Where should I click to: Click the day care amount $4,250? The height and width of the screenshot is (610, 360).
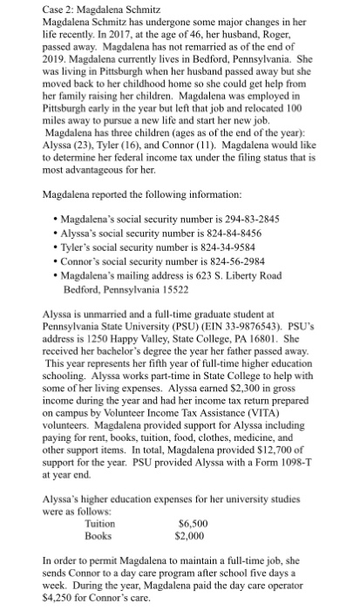[x=58, y=600]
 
